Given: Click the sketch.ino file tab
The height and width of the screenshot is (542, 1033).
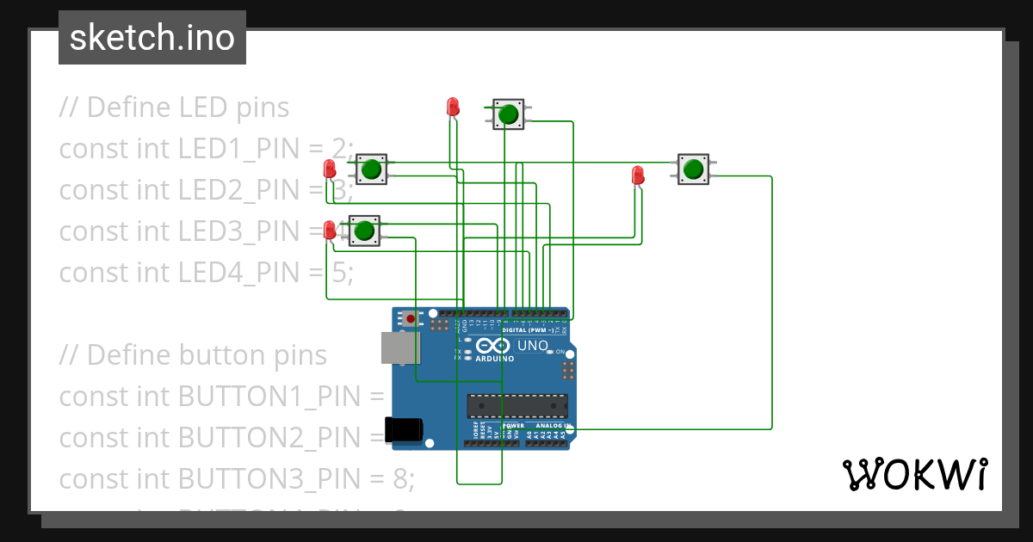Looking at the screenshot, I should coord(152,38).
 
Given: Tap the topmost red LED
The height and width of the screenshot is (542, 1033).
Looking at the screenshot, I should coord(453,107).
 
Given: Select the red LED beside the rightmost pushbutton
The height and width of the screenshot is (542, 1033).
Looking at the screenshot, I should coord(637,175).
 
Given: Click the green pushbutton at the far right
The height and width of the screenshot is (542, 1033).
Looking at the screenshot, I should coord(693,169).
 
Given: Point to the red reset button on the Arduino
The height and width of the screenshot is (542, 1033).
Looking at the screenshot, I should coord(411,319).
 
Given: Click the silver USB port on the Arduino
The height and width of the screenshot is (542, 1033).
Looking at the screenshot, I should coord(399,348).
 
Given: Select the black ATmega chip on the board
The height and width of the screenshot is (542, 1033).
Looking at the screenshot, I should coord(516,405).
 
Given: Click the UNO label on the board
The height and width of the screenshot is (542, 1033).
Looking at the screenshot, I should coord(532,346).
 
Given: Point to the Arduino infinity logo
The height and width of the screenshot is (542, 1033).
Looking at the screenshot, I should coord(487,346).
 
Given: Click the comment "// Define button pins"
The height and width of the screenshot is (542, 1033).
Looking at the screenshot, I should coord(193,355).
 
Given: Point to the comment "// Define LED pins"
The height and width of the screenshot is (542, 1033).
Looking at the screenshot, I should coord(174,108).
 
